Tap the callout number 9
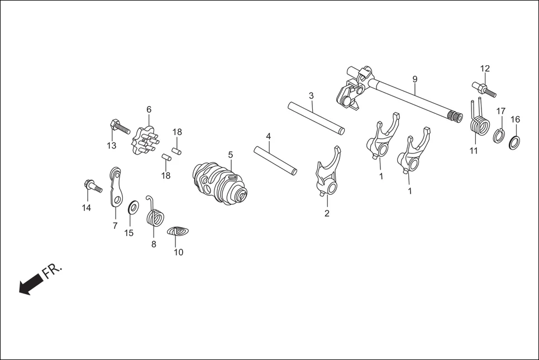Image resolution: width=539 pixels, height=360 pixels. [x=415, y=79]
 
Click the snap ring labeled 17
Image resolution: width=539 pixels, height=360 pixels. [x=500, y=135]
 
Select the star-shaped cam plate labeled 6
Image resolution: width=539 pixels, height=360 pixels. [x=144, y=141]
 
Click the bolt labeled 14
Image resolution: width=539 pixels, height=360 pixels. [x=92, y=185]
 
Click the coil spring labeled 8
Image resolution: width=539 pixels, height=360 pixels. [x=155, y=214]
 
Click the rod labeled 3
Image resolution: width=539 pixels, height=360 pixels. [x=316, y=117]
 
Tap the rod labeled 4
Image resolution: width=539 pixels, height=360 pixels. [x=275, y=160]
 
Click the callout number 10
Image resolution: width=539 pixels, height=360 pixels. [x=178, y=252]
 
